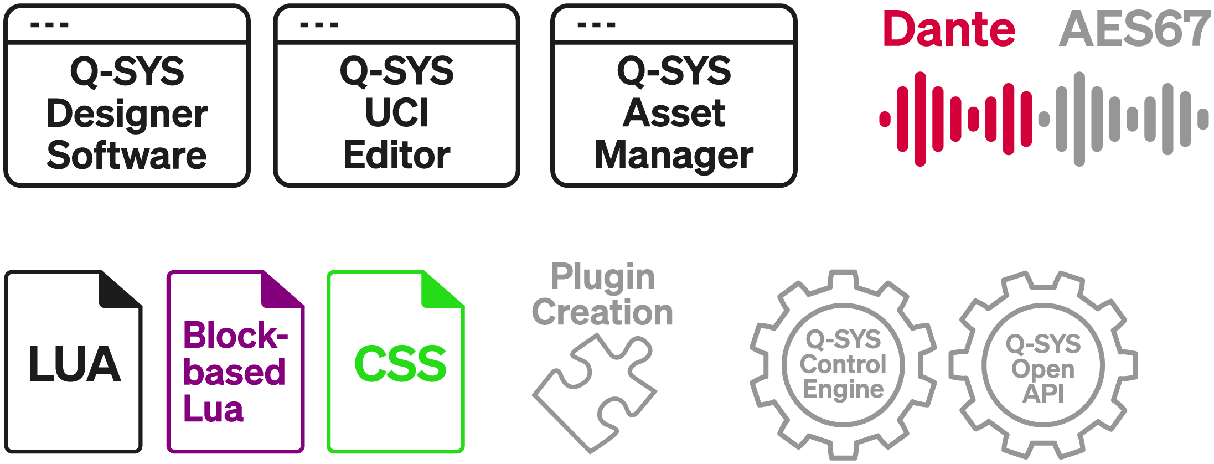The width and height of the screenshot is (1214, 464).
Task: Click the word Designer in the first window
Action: pos(127,114)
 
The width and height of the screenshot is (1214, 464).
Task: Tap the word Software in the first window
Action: pos(127,156)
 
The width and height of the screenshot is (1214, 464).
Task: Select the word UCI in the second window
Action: pos(396,113)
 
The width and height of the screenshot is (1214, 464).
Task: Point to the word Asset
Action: pos(674,113)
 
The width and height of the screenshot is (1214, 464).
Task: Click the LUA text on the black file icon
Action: pos(74,364)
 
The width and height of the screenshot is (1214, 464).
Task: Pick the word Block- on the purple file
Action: pos(235,336)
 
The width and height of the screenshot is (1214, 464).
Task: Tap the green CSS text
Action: pos(400,364)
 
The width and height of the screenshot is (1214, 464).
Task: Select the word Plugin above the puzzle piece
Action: pos(602,277)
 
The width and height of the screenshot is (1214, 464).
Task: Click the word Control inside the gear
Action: pos(843,364)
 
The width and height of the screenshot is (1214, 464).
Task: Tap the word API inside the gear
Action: pos(1043,394)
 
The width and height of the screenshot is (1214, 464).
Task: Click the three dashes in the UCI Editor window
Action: pos(319,25)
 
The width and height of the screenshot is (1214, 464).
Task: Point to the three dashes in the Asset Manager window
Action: pos(596,25)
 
